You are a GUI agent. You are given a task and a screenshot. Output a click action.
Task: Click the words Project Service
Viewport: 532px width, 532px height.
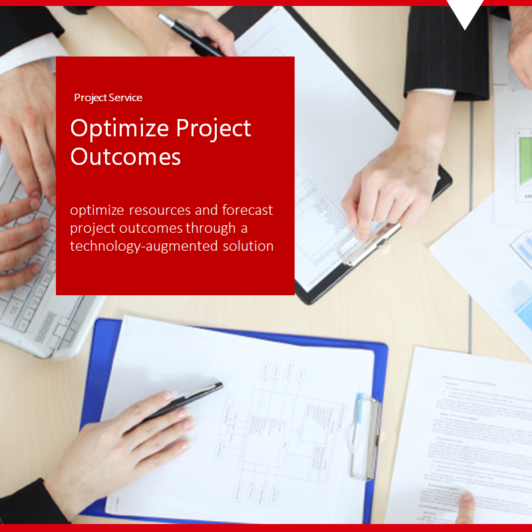pyautogui.click(x=108, y=98)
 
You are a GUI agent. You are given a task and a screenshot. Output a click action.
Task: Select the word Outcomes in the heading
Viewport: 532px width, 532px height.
pyautogui.click(x=125, y=157)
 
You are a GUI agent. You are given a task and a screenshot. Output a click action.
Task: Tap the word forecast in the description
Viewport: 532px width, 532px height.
pyautogui.click(x=243, y=211)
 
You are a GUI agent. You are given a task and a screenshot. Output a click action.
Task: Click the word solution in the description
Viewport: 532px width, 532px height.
pyautogui.click(x=249, y=246)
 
